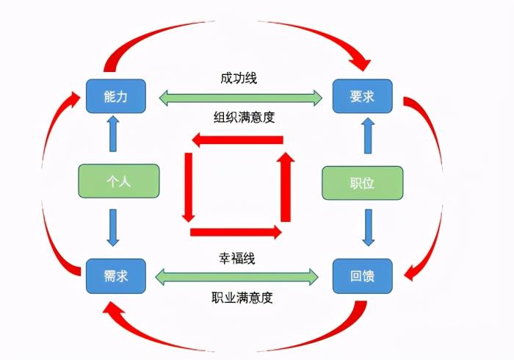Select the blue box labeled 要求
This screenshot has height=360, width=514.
[x=363, y=96]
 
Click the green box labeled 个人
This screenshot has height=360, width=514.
[x=117, y=181]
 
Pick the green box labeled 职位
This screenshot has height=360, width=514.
[x=363, y=183]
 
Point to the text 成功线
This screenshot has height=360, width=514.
[x=239, y=77]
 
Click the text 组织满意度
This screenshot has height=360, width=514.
[x=239, y=115]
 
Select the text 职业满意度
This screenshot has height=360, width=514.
[x=239, y=298]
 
